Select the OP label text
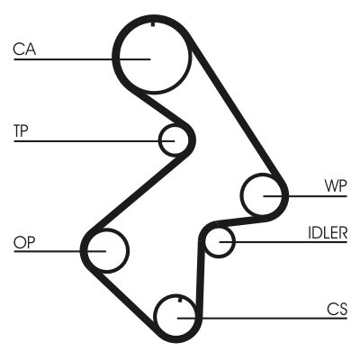[x=24, y=241]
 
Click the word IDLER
[x=328, y=232]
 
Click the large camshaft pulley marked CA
[x=152, y=56]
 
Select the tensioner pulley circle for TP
[x=176, y=139]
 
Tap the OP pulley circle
[x=106, y=248]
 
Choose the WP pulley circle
[x=265, y=193]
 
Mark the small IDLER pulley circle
[x=220, y=241]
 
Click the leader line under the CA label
[x=72, y=59]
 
